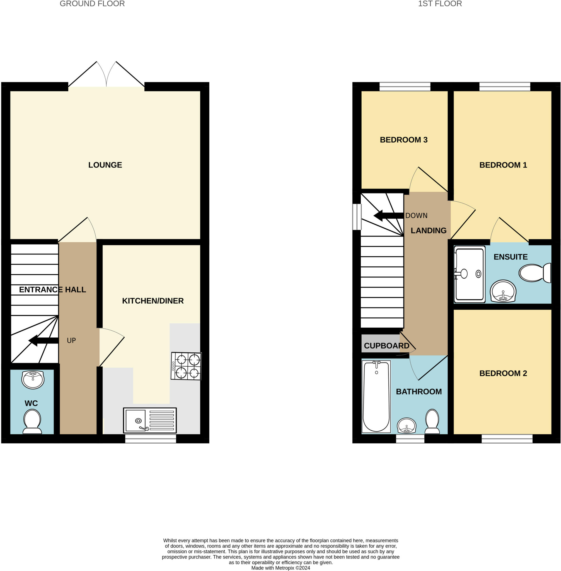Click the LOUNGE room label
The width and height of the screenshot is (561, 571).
[105, 165]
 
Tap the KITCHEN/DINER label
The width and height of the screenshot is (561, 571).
[153, 301]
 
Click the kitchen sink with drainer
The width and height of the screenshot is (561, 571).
[150, 420]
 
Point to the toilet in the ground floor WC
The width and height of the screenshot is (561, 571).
[32, 422]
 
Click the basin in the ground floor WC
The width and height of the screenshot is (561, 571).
[33, 380]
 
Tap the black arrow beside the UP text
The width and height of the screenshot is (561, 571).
[43, 340]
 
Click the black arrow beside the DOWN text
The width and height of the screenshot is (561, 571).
[388, 216]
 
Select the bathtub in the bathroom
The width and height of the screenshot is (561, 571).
[376, 396]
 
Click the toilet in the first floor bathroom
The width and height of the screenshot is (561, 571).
[432, 421]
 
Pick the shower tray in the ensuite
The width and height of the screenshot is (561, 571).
[470, 274]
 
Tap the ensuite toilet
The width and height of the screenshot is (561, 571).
[535, 273]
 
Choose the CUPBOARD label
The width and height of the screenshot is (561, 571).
[386, 346]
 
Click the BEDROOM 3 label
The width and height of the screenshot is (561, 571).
[404, 140]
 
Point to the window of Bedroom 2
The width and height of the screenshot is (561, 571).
[507, 439]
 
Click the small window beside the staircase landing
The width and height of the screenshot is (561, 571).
[357, 217]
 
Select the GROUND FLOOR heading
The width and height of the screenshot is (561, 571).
[92, 4]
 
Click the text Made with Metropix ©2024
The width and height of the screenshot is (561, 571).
[280, 568]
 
